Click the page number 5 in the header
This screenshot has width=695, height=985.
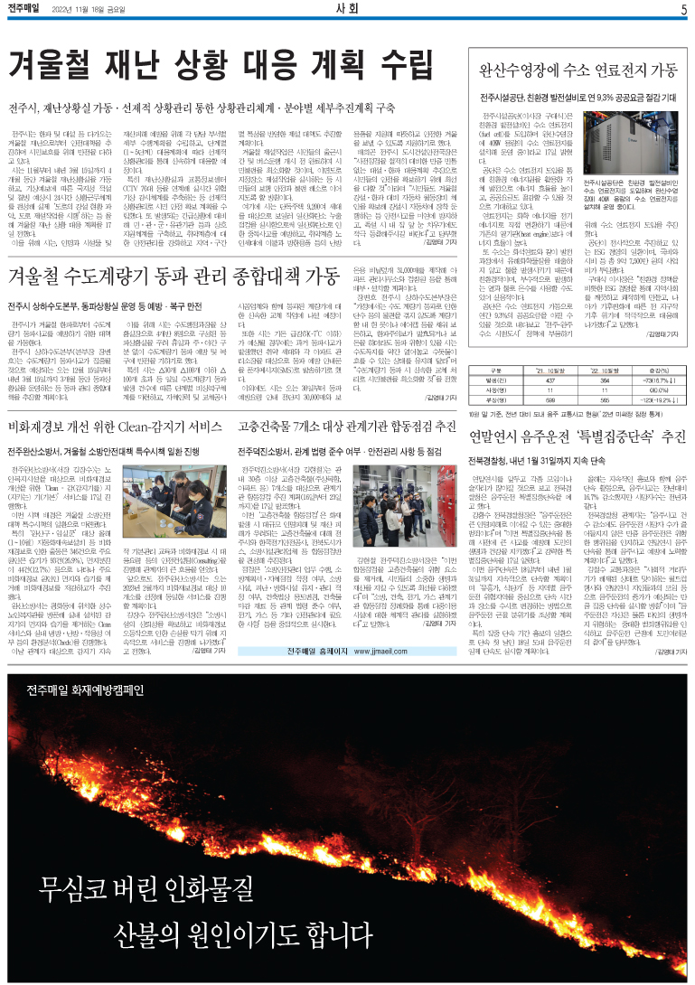click(684, 10)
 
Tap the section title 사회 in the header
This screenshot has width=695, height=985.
click(347, 10)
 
